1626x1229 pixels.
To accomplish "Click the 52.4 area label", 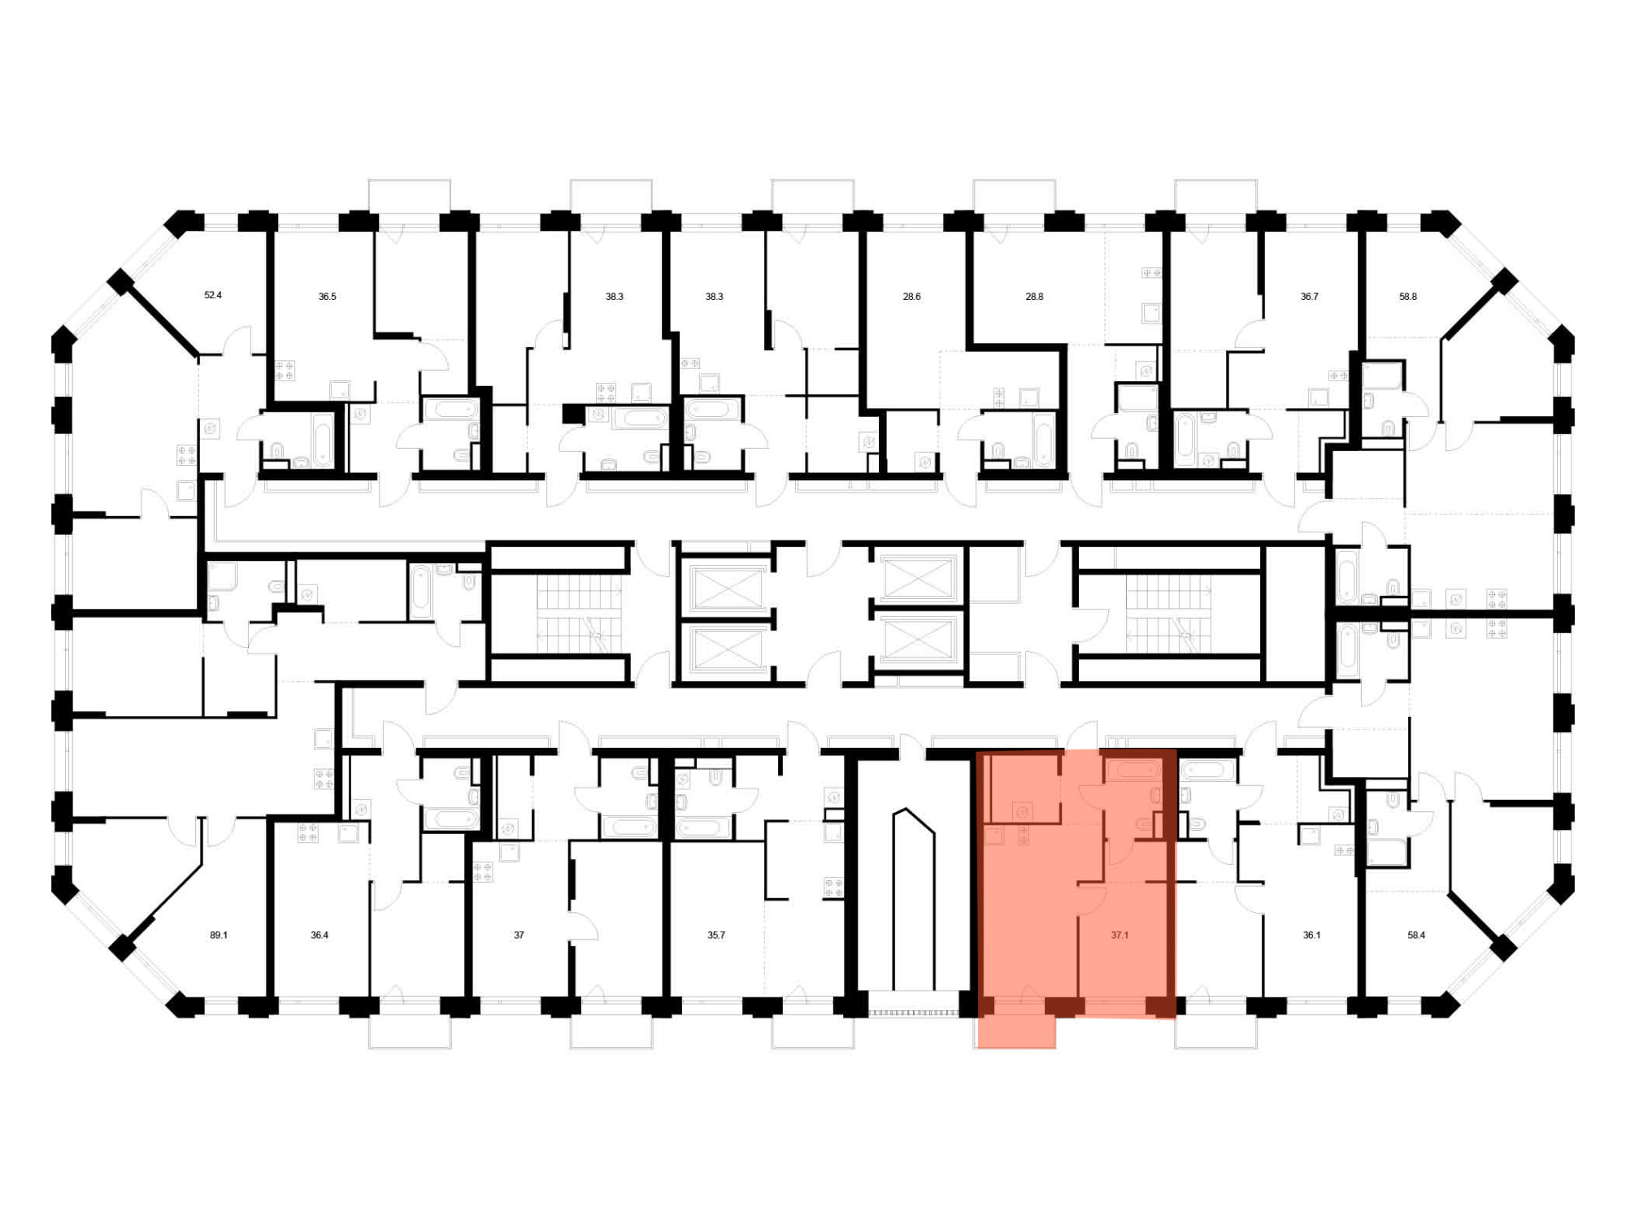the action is coord(213,295).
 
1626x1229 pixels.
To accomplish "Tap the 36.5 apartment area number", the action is coord(327,297).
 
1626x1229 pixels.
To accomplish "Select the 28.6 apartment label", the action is coord(911,297).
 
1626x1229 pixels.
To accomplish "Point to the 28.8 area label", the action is coord(1034,297).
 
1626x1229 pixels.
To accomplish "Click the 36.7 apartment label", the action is coord(1309,297).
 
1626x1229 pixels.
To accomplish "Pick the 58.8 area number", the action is coord(1408,297).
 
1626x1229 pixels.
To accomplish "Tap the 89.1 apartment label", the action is coord(219,935).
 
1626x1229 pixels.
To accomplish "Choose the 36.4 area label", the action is coord(320,935).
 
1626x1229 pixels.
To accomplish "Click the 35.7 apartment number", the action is coord(715,935).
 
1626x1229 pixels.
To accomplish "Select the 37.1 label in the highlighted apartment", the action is coord(1120,935).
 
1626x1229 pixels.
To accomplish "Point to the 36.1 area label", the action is coord(1311,935).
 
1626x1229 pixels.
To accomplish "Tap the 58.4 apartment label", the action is coord(1416,935).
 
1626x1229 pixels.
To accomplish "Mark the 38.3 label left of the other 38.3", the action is coord(614,297).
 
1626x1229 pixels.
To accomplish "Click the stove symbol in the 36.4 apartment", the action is coord(307,832).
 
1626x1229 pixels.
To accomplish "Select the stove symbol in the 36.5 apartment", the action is coord(285,371).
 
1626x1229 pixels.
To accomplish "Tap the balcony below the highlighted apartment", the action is coord(1016,1031).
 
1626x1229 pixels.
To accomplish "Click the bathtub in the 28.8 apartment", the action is coord(1042,439).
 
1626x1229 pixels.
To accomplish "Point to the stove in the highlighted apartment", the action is coord(1023,835).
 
